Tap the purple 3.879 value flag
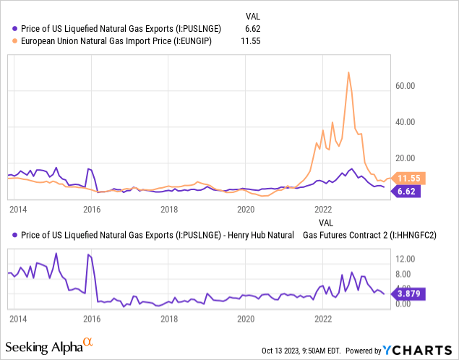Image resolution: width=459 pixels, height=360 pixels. [x=410, y=293]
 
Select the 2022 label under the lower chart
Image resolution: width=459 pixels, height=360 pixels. [x=323, y=318]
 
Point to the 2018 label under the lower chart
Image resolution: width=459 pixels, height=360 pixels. [x=169, y=318]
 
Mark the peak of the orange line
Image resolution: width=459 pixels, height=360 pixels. [x=349, y=72]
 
